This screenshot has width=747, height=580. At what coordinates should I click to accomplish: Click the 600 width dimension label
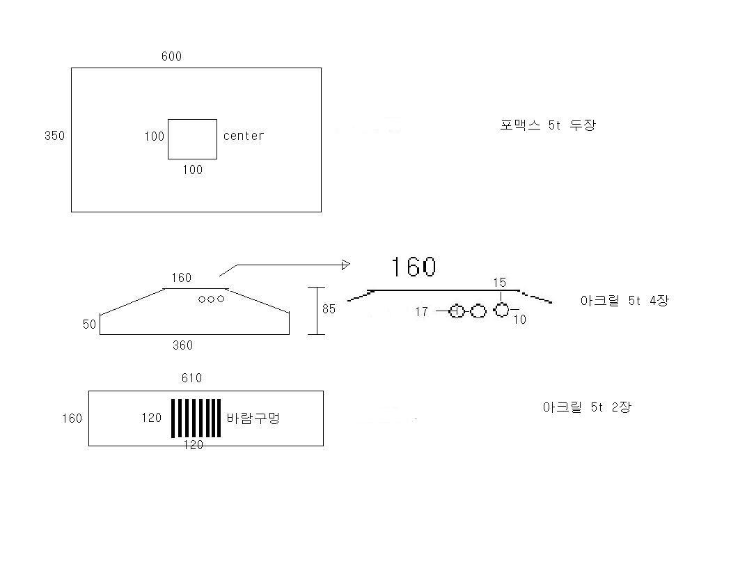(171, 56)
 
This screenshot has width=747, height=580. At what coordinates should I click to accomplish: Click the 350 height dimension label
(54, 136)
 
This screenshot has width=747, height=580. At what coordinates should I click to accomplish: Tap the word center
(244, 136)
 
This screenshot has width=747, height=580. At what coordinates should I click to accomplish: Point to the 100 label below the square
(192, 170)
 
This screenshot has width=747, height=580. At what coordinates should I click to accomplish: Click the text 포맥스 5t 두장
(548, 125)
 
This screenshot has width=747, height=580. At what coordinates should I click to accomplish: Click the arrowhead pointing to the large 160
(346, 265)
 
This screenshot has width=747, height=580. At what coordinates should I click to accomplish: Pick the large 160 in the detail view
(413, 267)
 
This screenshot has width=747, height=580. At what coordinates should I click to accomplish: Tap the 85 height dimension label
(329, 309)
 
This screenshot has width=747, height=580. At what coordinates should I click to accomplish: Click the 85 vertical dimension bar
(317, 311)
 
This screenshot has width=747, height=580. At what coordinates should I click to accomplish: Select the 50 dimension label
(89, 324)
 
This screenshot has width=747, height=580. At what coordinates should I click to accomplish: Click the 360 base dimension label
(182, 345)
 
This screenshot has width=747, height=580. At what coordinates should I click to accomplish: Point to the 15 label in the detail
(499, 283)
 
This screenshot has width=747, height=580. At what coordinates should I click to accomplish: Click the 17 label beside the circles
(421, 312)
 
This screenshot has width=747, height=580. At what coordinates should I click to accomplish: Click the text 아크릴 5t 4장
(624, 300)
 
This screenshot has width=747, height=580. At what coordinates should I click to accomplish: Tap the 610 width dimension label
(191, 378)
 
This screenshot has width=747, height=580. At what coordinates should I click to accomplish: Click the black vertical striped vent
(196, 418)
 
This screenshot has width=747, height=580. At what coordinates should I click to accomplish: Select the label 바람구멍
(253, 418)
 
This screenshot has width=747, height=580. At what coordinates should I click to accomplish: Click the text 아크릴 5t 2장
(587, 407)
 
